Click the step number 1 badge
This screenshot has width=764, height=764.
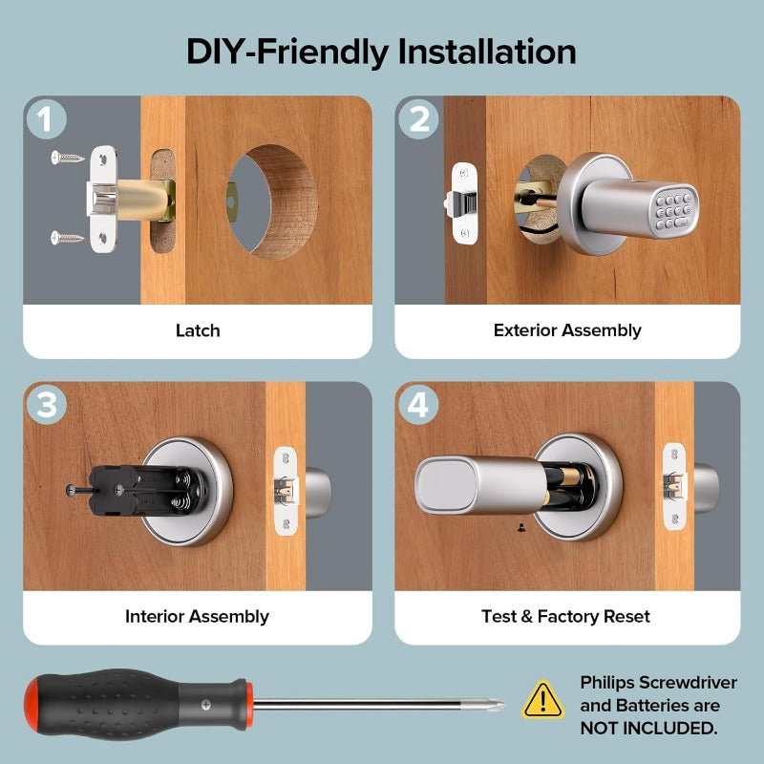pyautogui.click(x=46, y=118)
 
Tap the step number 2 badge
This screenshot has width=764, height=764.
pyautogui.click(x=418, y=118)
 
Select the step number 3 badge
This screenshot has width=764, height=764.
pyautogui.click(x=46, y=405)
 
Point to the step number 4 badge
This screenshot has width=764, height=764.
pyautogui.click(x=418, y=405)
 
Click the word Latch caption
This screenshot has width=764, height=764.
pyautogui.click(x=198, y=330)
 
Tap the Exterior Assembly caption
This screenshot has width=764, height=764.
pyautogui.click(x=567, y=330)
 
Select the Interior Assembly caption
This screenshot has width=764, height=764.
pyautogui.click(x=197, y=616)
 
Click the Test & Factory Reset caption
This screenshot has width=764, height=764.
pyautogui.click(x=565, y=616)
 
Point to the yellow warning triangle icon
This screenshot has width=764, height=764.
pyautogui.click(x=542, y=700)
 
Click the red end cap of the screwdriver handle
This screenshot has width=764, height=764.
pyautogui.click(x=32, y=705)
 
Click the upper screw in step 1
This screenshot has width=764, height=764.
pyautogui.click(x=68, y=158)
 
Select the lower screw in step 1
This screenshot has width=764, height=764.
pyautogui.click(x=68, y=238)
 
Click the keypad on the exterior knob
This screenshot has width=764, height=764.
pyautogui.click(x=675, y=211)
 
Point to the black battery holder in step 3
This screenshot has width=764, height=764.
pyautogui.click(x=149, y=490)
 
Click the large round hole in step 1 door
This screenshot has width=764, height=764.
pyautogui.click(x=272, y=202)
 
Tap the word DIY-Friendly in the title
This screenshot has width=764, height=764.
pyautogui.click(x=287, y=53)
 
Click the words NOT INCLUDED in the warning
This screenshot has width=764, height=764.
pyautogui.click(x=648, y=729)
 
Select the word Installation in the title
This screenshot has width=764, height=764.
pyautogui.click(x=487, y=52)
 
